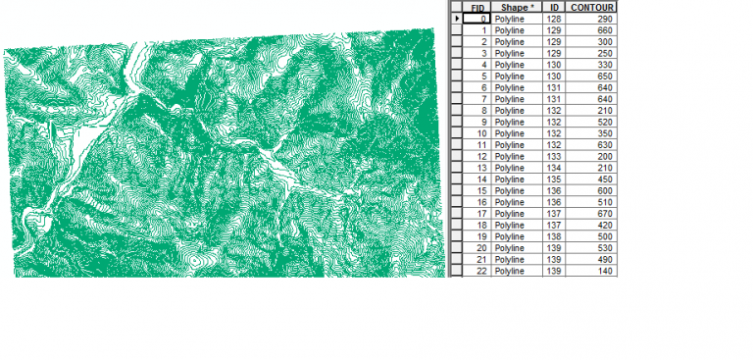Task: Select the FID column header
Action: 477,7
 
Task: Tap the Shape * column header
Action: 515,7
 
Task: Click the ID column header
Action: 554,7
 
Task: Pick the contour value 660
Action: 604,30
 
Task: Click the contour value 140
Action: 604,270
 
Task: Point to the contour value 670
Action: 604,213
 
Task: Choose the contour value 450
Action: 604,179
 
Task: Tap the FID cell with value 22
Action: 480,270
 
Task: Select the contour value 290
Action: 604,19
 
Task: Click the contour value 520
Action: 604,122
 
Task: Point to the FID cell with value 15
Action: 480,190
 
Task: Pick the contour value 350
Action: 604,133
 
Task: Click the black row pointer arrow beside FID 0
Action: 456,19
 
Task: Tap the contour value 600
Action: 604,190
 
